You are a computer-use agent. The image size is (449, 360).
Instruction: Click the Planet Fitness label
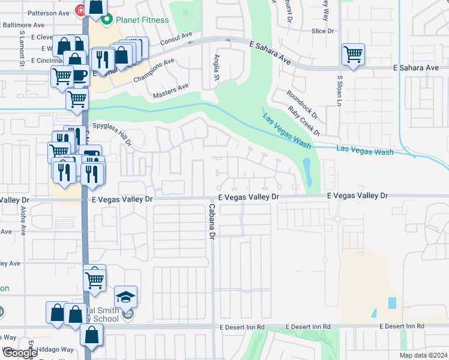coord(143,19)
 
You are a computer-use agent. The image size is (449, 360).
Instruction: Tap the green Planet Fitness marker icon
coord(107,20)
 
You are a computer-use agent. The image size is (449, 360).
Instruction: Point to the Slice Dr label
coord(322,31)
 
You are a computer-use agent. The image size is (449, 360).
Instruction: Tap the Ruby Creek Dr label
coord(303,120)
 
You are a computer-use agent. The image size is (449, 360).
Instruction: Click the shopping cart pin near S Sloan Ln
coord(353,55)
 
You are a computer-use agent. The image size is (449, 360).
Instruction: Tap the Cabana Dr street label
coord(211,221)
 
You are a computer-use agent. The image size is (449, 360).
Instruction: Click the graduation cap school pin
coord(126,297)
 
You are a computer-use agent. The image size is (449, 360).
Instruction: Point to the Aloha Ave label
coord(23,220)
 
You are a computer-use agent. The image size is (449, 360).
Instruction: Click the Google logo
coord(20,353)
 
